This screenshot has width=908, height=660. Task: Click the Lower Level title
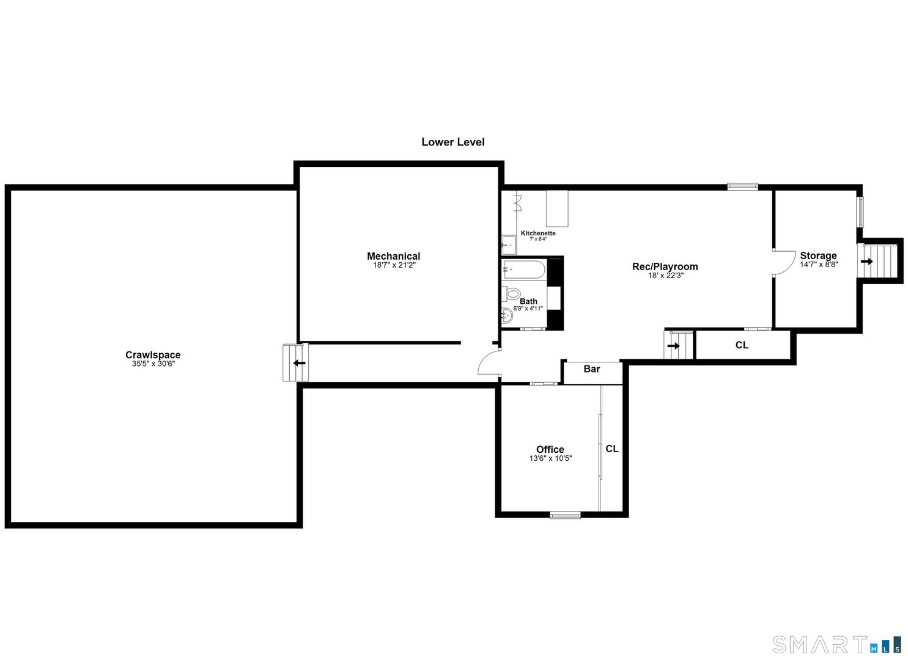(x=452, y=142)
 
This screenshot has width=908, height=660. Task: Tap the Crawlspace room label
(x=153, y=354)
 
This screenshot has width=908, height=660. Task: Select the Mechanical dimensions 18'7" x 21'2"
(x=394, y=265)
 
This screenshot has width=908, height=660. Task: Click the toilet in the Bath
(x=512, y=294)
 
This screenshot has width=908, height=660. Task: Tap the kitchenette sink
(x=509, y=245)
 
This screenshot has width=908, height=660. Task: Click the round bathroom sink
(x=507, y=316)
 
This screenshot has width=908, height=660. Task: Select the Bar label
(x=591, y=369)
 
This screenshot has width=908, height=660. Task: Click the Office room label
(x=550, y=449)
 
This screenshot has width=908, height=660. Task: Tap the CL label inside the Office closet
(x=611, y=449)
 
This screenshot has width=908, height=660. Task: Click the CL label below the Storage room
(x=741, y=345)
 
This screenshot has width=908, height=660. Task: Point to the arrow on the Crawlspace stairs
(x=299, y=363)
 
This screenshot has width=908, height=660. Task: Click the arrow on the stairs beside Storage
(x=866, y=261)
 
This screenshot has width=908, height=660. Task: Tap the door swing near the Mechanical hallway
(x=487, y=364)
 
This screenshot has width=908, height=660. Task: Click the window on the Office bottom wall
(x=564, y=516)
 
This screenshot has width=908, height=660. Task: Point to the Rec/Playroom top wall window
(x=742, y=186)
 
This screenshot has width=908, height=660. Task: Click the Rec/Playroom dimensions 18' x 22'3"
(x=665, y=276)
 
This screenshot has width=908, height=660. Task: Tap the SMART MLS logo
(x=836, y=644)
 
